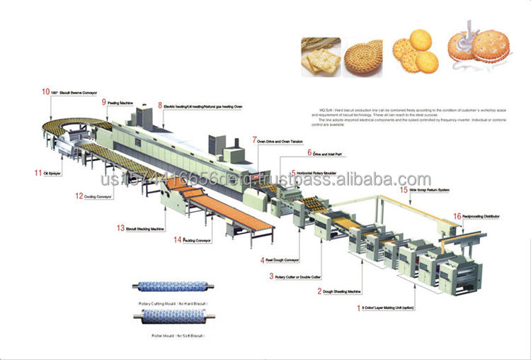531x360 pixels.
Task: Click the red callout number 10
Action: tap(45, 91)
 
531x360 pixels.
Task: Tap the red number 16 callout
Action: tap(457, 215)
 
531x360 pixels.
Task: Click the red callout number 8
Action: tap(160, 106)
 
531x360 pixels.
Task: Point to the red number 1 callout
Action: tap(358, 308)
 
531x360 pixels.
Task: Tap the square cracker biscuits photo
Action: tap(319, 55)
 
